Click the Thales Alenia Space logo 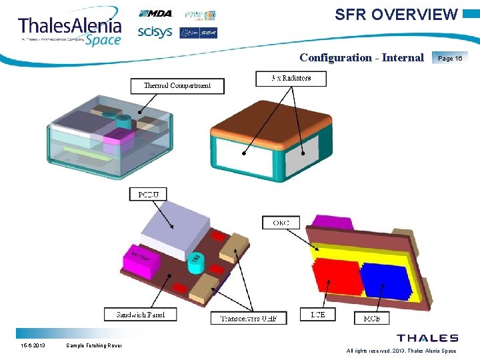70,29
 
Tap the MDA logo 155,14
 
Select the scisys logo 155,32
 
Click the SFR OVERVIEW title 396,15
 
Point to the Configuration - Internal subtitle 361,57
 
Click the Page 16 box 450,58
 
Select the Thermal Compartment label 177,85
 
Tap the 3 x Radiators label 291,78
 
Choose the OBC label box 281,223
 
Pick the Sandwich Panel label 141,315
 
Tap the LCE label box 318,315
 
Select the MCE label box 372,319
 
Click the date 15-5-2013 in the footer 32,345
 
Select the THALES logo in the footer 427,339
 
